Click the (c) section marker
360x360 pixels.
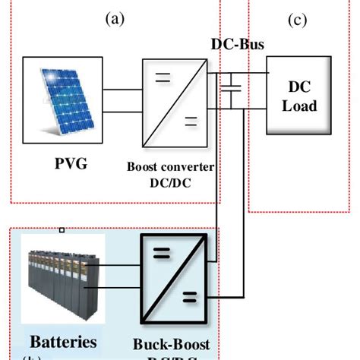pyautogui.click(x=296, y=20)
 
